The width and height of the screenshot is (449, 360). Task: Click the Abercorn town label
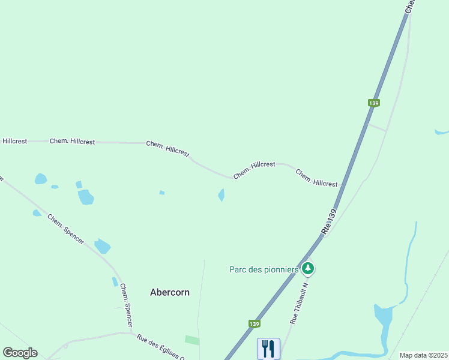[x=169, y=292]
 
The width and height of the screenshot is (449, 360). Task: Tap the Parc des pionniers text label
[x=264, y=269]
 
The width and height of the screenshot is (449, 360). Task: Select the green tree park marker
[x=308, y=268]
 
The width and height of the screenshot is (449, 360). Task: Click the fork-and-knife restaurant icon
[x=268, y=348]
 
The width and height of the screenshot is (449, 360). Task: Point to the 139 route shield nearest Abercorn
[x=255, y=324]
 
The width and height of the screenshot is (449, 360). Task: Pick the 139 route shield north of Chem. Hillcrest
[x=374, y=103]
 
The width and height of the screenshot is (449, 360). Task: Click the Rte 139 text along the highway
[x=330, y=221]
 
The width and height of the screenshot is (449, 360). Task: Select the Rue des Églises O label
[x=160, y=346]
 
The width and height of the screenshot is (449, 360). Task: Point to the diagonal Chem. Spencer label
[x=66, y=229]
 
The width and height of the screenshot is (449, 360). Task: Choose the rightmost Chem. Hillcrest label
[x=316, y=178]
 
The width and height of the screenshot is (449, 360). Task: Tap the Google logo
[x=20, y=353]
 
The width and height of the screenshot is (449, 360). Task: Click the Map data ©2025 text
[x=423, y=355]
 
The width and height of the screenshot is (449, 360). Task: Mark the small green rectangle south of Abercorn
[x=191, y=340]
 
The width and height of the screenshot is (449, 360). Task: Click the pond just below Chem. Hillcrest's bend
[x=221, y=195]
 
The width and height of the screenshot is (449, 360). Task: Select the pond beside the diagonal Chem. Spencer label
[x=103, y=246]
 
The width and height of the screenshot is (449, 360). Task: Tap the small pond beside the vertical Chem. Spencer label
[x=115, y=281]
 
